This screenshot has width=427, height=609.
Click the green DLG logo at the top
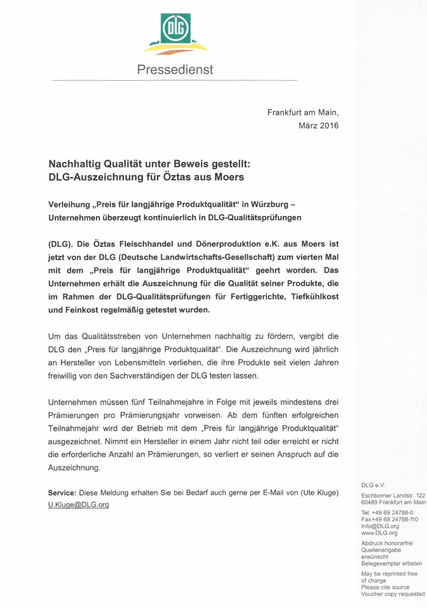click(x=176, y=29)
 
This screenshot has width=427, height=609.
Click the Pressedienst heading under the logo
click(x=175, y=70)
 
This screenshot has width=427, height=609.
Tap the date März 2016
click(x=319, y=126)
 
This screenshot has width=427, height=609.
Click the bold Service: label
click(x=62, y=492)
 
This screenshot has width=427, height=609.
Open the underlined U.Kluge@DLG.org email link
click(x=78, y=505)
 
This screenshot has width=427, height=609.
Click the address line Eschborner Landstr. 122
click(x=393, y=496)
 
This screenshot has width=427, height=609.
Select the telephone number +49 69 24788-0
click(x=392, y=512)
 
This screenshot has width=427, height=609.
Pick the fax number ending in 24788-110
click(x=395, y=519)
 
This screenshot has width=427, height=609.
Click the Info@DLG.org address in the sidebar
click(x=380, y=526)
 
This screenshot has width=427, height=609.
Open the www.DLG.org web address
click(x=379, y=533)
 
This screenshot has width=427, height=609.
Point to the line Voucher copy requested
click(x=393, y=594)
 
